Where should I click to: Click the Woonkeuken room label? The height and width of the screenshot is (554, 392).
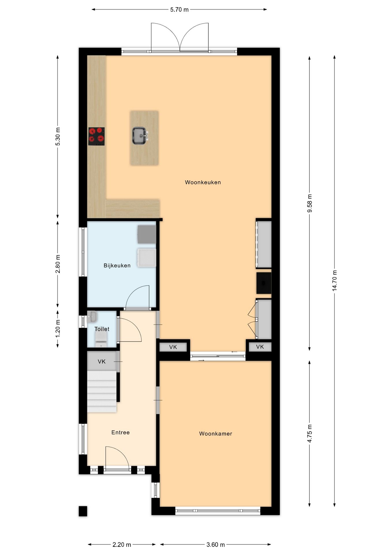[x=203, y=182]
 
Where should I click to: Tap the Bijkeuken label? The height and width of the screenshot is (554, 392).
[x=117, y=265]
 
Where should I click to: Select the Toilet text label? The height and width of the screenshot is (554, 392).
[x=102, y=329]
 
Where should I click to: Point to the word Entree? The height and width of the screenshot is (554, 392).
[x=120, y=432]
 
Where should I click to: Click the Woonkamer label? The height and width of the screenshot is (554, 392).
[x=216, y=434]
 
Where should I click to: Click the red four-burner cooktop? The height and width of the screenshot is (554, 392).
[x=96, y=136]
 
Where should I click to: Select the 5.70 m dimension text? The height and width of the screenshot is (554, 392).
[x=179, y=10]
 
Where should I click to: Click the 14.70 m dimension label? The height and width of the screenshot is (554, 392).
[x=335, y=280]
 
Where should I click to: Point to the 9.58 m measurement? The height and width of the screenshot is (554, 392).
[x=309, y=203]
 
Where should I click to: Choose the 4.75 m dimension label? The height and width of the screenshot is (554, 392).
[x=309, y=433]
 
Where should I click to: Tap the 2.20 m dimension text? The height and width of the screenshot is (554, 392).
[x=122, y=544]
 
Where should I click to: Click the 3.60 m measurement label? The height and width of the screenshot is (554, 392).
[x=215, y=544]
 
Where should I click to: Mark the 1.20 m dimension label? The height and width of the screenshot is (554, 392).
[x=58, y=328]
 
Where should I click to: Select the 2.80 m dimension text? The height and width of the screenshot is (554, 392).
[x=58, y=264]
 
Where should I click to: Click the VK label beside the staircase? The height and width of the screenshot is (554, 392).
[x=102, y=362]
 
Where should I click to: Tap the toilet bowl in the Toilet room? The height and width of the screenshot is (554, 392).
[x=101, y=339]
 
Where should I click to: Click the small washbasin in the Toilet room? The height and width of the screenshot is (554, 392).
[x=92, y=317]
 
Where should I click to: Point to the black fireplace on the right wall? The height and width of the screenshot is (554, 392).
[x=264, y=283]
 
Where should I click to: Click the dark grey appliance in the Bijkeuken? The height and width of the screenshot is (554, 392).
[x=147, y=234]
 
